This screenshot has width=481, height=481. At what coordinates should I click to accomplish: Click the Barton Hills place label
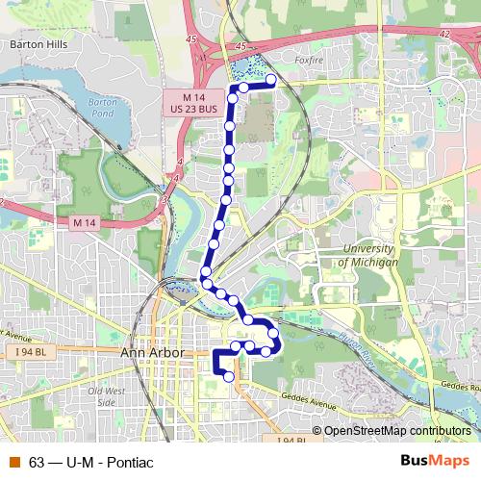click(35, 43)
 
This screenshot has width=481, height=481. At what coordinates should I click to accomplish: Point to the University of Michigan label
click(369, 256)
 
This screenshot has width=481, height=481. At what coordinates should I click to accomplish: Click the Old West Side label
click(106, 396)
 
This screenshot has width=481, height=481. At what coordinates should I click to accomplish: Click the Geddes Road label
click(459, 386)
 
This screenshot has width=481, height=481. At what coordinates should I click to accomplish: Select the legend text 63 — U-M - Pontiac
click(92, 462)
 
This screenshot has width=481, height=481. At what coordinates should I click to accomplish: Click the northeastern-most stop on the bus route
click(271, 80)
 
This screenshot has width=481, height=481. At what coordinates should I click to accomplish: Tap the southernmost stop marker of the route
click(229, 377)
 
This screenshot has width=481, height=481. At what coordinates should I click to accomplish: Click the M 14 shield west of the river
click(84, 222)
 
